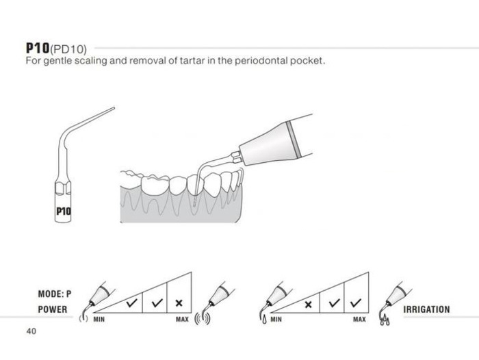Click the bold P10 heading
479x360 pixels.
(38, 48)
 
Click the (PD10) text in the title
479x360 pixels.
(68, 49)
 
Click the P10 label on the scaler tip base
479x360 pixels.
(64, 211)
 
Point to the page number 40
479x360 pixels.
(31, 331)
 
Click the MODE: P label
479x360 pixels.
(55, 294)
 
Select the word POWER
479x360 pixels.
(53, 309)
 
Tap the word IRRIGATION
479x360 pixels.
(426, 309)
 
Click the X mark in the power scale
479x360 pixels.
(179, 303)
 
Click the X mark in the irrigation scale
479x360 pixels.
(308, 305)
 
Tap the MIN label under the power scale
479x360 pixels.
(99, 320)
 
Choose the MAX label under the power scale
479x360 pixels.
(182, 320)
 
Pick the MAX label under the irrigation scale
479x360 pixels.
(359, 320)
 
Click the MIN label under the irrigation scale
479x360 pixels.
(276, 320)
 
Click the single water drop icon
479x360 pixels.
(264, 320)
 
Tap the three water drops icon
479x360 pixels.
(385, 320)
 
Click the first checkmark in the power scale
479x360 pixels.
(131, 303)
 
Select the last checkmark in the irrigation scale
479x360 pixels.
(356, 303)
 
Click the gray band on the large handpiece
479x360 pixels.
(294, 140)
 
